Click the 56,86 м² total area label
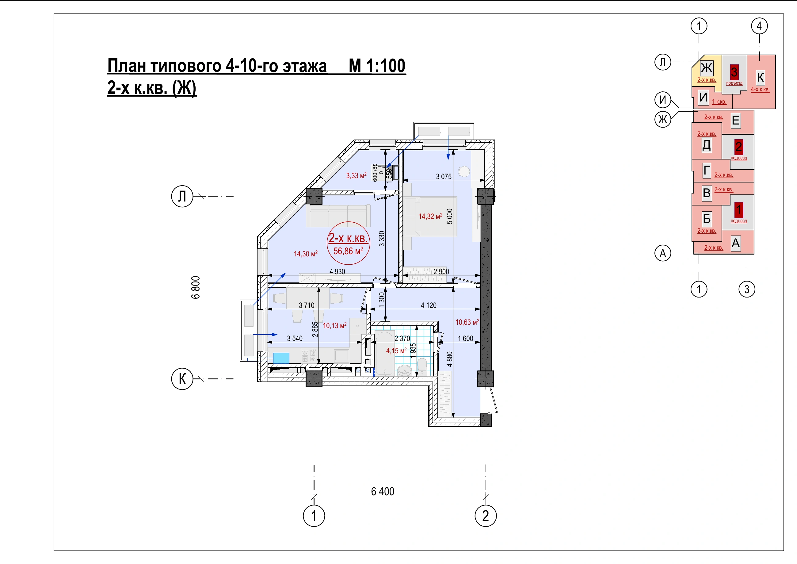pyautogui.click(x=348, y=251)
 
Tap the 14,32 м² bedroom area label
pyautogui.click(x=430, y=216)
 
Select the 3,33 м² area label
pyautogui.click(x=356, y=175)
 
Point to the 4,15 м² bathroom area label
pyautogui.click(x=396, y=351)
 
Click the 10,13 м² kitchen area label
pyautogui.click(x=335, y=325)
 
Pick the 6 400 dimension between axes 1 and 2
pyautogui.click(x=383, y=491)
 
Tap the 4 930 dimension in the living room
pyautogui.click(x=337, y=272)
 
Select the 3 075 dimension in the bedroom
pyautogui.click(x=444, y=176)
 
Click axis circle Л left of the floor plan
pyautogui.click(x=182, y=196)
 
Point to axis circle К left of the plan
pyautogui.click(x=182, y=379)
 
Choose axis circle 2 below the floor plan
pyautogui.click(x=486, y=516)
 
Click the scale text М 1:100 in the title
pyautogui.click(x=377, y=66)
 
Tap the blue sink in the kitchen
pyautogui.click(x=281, y=358)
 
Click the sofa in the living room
pyautogui.click(x=338, y=216)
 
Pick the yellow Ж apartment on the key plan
pyautogui.click(x=707, y=71)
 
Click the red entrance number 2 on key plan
pyautogui.click(x=739, y=147)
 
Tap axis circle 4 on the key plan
pyautogui.click(x=759, y=26)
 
